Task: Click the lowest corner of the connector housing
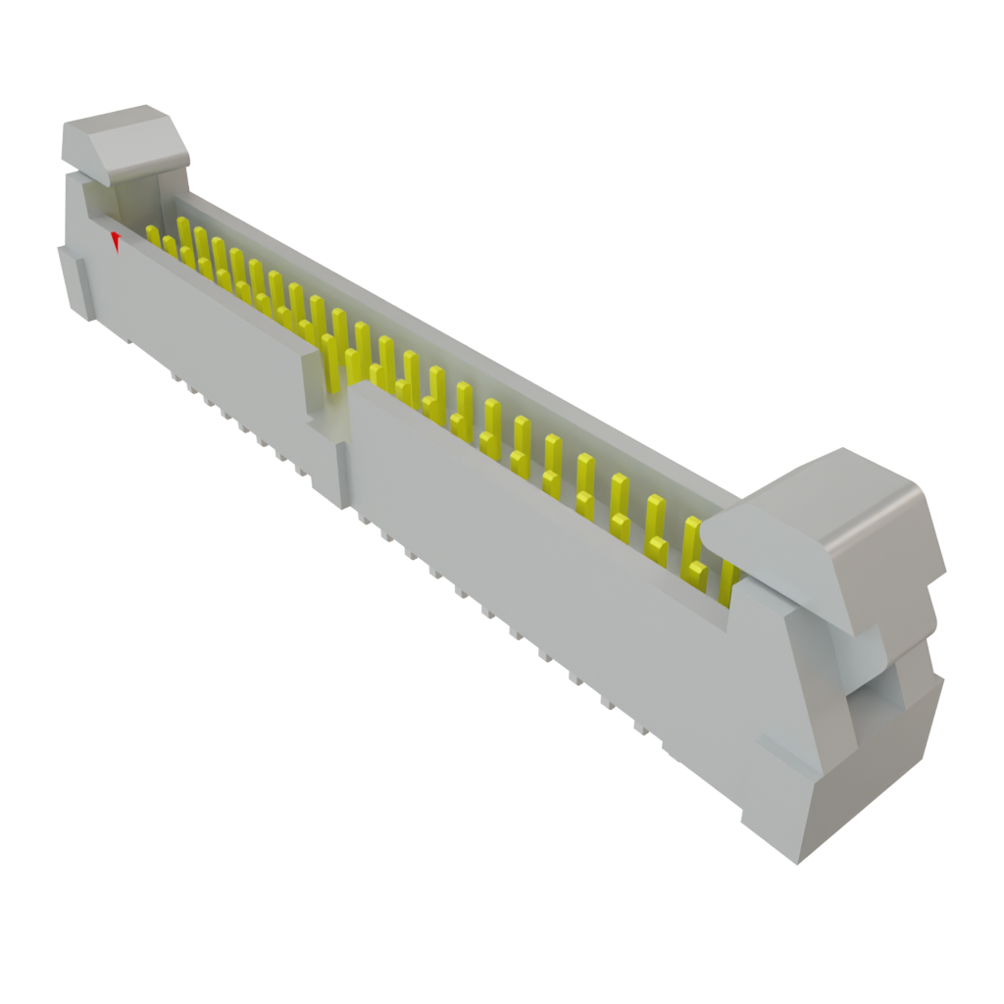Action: pos(796,861)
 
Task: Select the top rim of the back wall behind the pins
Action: pos(441,324)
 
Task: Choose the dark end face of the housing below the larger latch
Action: pos(873,775)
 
